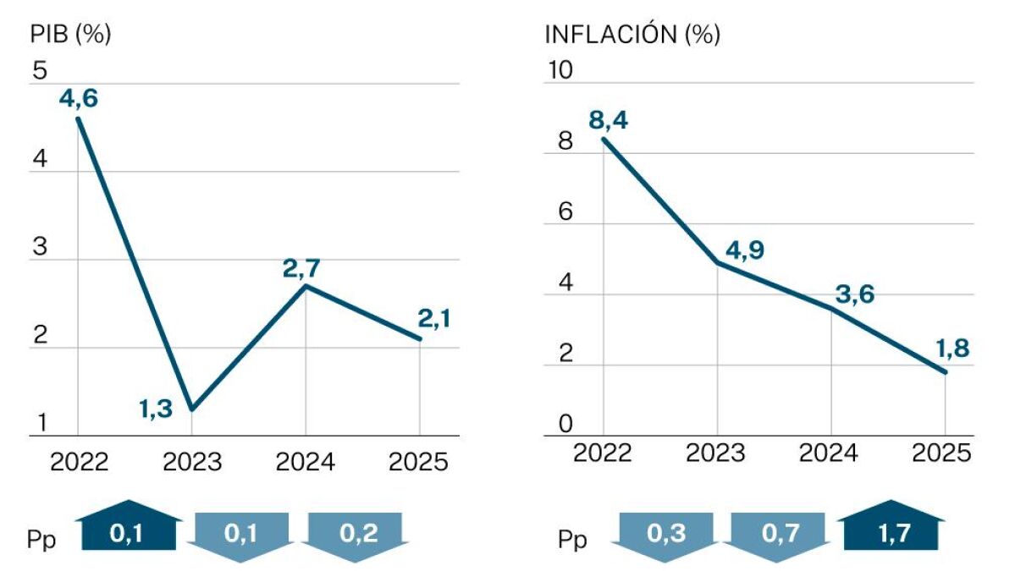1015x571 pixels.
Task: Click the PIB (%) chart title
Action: point(71,35)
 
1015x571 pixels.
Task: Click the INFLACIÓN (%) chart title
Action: point(632,35)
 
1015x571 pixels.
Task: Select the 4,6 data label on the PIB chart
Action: point(79,98)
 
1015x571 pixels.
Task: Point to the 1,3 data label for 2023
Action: point(156,409)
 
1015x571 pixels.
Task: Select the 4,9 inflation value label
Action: point(745,250)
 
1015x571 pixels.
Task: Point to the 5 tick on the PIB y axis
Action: point(40,71)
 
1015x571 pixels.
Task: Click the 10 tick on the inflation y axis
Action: point(560,71)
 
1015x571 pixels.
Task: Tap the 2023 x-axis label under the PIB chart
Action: point(191,462)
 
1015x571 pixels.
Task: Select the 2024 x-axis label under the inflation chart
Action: point(829,453)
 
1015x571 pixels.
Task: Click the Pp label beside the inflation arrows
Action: point(572,539)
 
